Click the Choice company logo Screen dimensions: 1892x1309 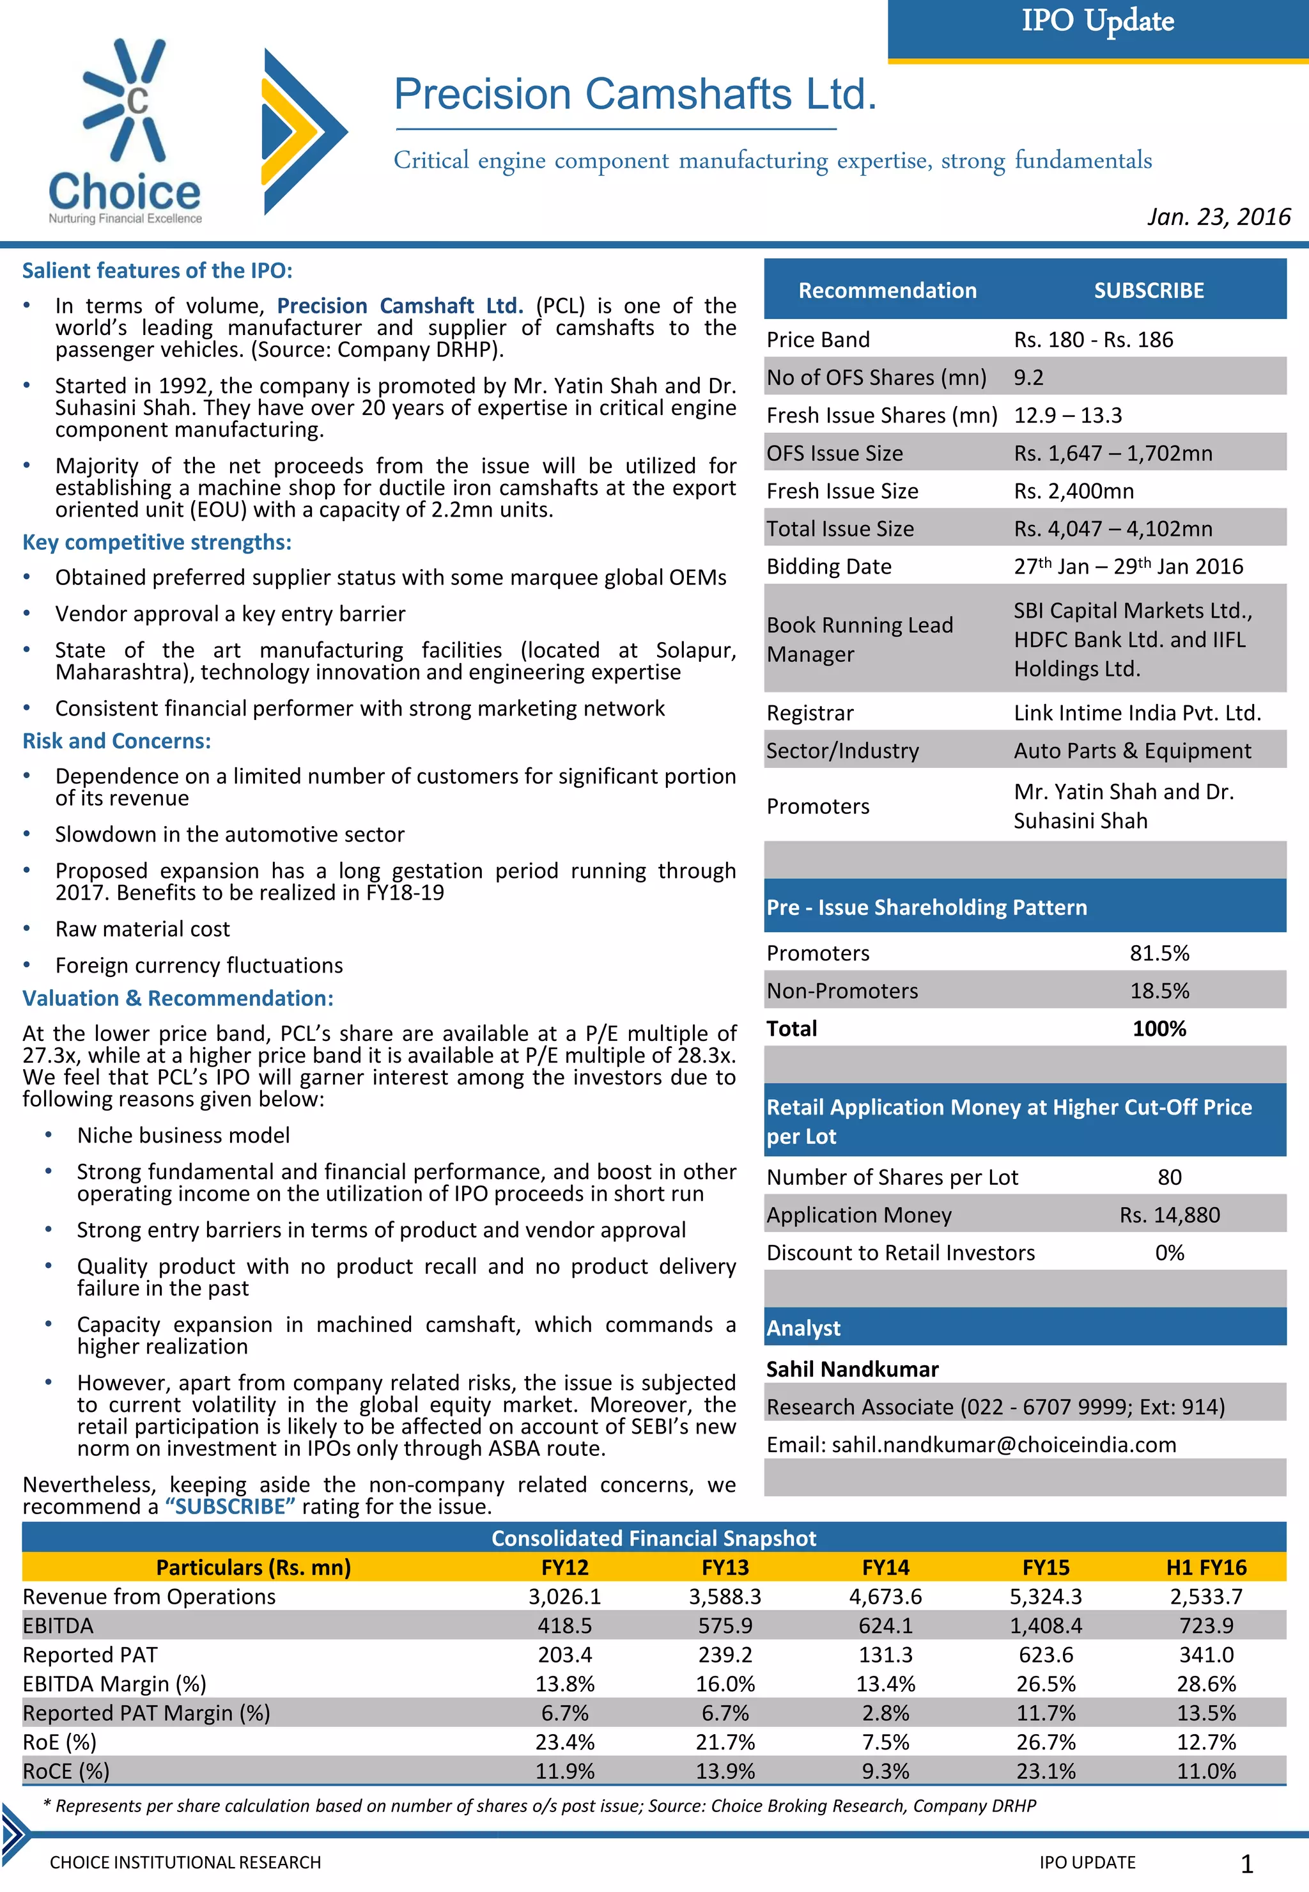tap(125, 131)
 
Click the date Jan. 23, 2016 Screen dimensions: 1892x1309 tap(1218, 217)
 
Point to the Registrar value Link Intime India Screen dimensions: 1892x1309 tap(1137, 713)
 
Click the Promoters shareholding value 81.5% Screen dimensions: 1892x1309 tap(1159, 953)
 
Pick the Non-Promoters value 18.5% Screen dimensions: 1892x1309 tap(1159, 990)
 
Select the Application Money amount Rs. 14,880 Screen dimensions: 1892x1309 tap(1169, 1214)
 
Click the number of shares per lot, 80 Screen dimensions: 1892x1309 tap(1169, 1177)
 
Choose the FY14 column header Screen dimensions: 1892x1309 tap(885, 1567)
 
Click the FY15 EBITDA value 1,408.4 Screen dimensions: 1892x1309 tap(1045, 1625)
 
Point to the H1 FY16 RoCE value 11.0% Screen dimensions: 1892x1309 tap(1205, 1771)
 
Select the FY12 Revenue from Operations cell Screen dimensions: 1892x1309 tap(564, 1596)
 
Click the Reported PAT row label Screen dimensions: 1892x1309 tap(90, 1654)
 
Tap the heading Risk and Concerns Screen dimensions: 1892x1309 tap(116, 741)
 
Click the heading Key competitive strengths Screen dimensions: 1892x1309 tap(157, 542)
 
